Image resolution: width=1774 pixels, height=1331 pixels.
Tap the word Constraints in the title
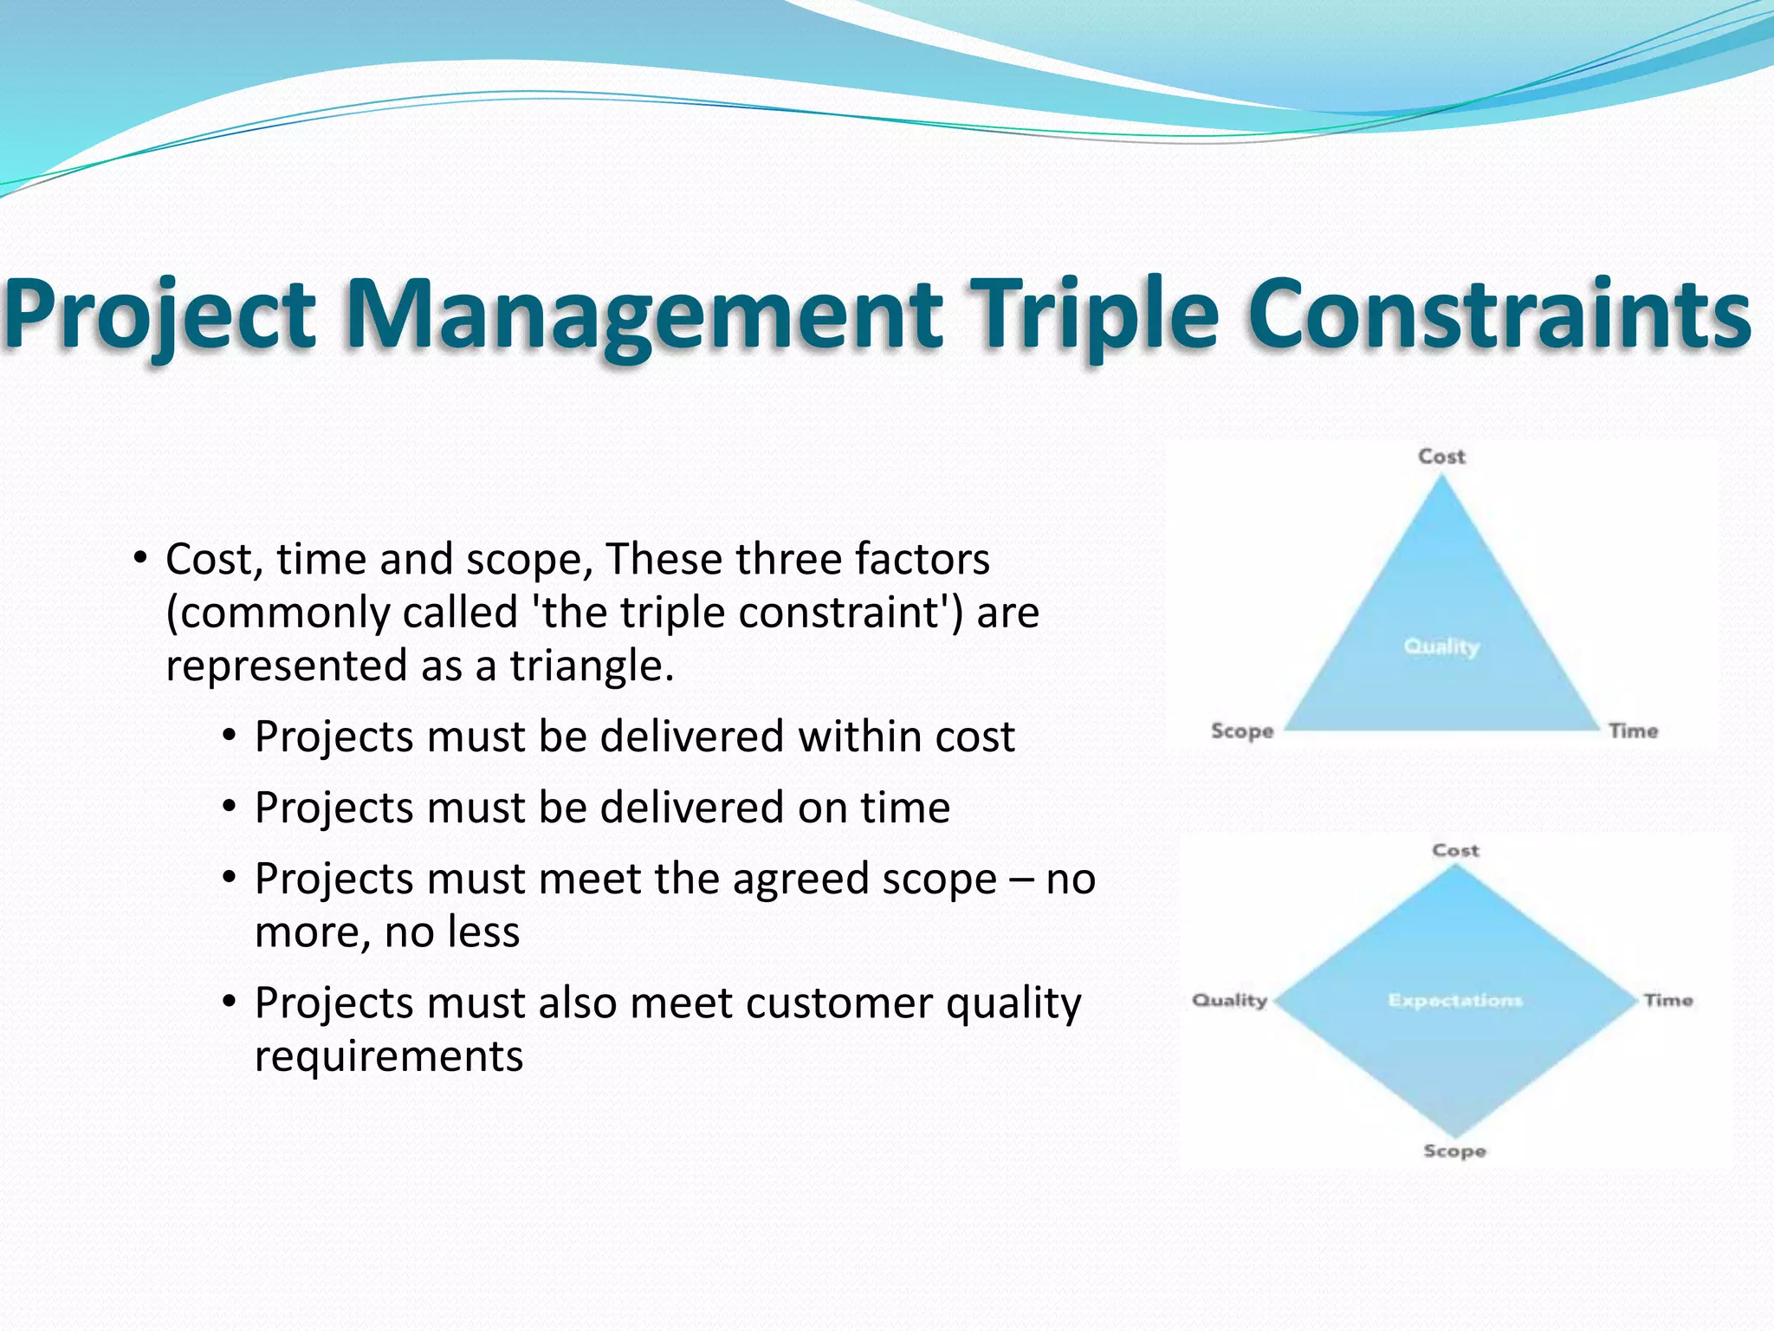[1499, 314]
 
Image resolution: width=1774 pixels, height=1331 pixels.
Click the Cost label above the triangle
[1441, 457]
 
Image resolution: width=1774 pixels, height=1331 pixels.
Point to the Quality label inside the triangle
[1441, 646]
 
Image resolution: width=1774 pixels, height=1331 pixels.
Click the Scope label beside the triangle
[1242, 731]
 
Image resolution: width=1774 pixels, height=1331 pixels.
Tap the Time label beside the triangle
[1633, 731]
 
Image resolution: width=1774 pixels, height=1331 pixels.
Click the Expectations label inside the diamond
[1454, 1001]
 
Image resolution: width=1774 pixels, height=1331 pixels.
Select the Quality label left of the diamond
[1229, 1001]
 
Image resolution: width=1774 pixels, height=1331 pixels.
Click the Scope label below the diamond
[1454, 1152]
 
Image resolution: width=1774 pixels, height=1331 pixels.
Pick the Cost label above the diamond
[1455, 851]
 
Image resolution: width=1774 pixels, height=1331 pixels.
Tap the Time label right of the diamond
[1667, 1001]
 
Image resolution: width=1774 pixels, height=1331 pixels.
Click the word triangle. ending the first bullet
[591, 667]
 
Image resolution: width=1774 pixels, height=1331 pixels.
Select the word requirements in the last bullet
[389, 1057]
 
